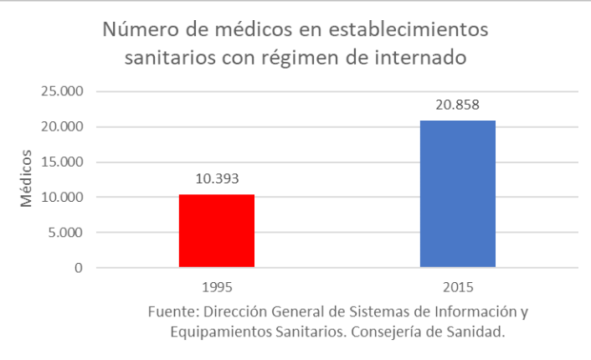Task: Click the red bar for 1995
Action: pyautogui.click(x=216, y=231)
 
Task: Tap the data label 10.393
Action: pyautogui.click(x=216, y=178)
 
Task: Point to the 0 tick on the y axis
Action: pyautogui.click(x=78, y=269)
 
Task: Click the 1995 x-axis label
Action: pyautogui.click(x=216, y=287)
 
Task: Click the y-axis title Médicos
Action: pyautogui.click(x=28, y=179)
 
